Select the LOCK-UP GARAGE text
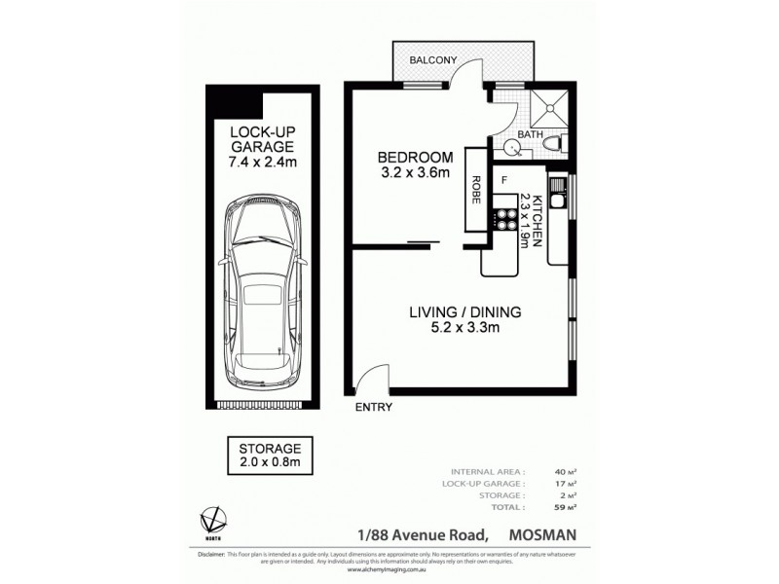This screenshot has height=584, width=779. click(258, 140)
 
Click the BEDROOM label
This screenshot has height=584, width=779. click(415, 158)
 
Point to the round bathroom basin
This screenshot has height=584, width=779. click(512, 148)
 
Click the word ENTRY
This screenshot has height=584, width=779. click(373, 408)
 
